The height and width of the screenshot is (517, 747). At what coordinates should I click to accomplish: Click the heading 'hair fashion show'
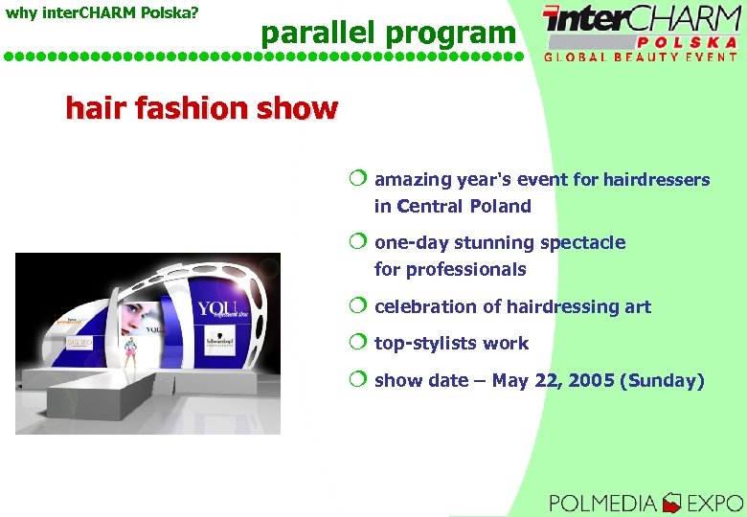coord(201,109)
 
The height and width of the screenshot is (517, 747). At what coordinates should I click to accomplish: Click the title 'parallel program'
coord(388,34)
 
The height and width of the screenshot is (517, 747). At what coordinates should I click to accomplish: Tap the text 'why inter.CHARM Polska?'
coord(102,12)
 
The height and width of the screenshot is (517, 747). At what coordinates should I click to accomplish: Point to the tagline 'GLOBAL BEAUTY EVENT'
coord(641,56)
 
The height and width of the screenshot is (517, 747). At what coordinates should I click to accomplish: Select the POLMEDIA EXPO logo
coord(645,502)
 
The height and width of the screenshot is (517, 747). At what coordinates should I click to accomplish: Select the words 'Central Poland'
coord(464,207)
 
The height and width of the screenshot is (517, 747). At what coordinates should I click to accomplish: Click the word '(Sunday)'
coord(662,381)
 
